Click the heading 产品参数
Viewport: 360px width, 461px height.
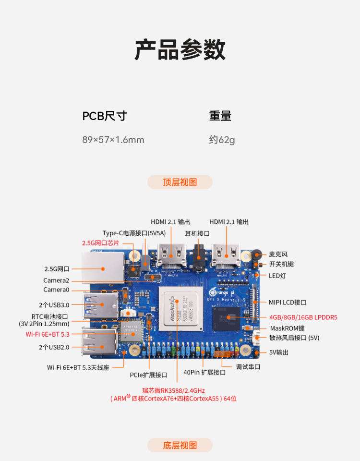tap(180, 49)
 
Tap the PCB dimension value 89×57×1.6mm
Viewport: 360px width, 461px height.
tap(113, 140)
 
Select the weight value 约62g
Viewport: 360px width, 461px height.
tap(222, 140)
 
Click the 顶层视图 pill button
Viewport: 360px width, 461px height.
tap(180, 182)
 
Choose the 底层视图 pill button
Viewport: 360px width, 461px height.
tap(180, 445)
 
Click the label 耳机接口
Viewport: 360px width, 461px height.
tap(197, 233)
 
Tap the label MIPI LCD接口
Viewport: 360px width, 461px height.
tap(288, 303)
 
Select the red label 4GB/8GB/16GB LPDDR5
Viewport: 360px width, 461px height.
tap(303, 317)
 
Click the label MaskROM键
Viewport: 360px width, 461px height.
tap(287, 328)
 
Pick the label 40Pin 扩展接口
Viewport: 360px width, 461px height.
tap(204, 372)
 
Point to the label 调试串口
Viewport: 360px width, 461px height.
tap(248, 366)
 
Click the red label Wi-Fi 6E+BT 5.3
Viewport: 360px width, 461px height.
tap(48, 334)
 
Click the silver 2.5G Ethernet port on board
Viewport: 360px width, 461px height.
tap(102, 267)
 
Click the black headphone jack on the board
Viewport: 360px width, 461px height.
tap(199, 258)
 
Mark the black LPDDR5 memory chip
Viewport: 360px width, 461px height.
tap(227, 318)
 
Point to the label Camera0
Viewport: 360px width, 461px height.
tap(56, 290)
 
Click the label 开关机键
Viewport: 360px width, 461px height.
tap(281, 264)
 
